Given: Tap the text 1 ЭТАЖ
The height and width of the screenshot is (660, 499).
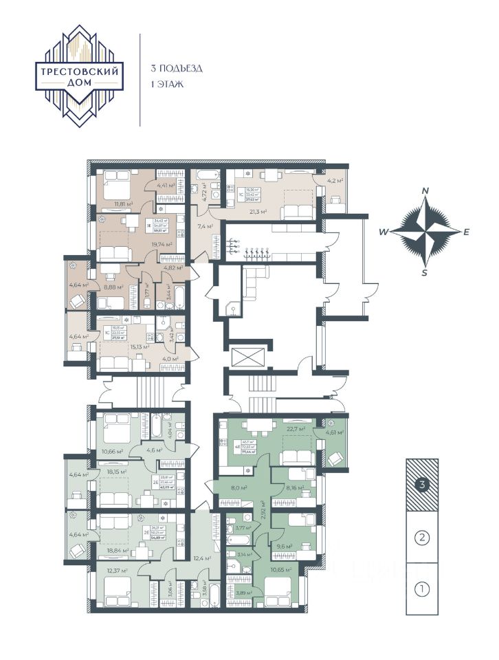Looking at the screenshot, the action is (168, 85).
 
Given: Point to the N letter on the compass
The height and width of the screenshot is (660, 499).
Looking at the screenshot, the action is (425, 191).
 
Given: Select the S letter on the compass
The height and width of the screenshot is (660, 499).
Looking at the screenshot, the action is (425, 272).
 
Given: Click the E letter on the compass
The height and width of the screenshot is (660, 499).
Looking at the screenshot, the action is (466, 232).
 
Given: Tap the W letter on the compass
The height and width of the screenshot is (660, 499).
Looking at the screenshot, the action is (384, 232).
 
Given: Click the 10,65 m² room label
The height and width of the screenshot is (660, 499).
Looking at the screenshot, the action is (281, 570).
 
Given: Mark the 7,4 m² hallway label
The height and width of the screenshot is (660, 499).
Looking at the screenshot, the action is (206, 225).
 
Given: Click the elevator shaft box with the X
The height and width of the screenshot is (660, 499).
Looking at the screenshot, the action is (247, 358).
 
